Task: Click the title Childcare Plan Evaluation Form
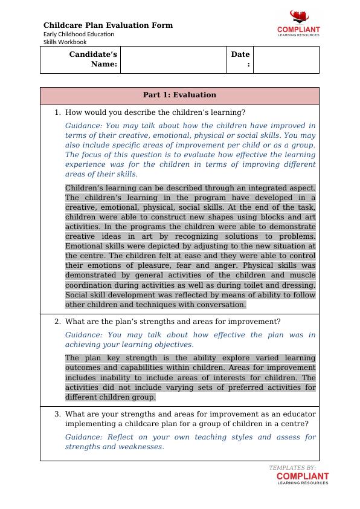(108, 25)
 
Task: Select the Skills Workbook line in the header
(65, 42)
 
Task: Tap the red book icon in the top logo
(298, 16)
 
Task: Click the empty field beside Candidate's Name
(173, 60)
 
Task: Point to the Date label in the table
(240, 59)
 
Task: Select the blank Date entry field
(286, 60)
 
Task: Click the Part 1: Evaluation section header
(179, 95)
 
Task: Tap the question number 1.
(57, 112)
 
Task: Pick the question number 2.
(57, 322)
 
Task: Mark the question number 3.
(57, 414)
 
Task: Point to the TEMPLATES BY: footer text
(292, 467)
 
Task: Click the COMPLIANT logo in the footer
(303, 478)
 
